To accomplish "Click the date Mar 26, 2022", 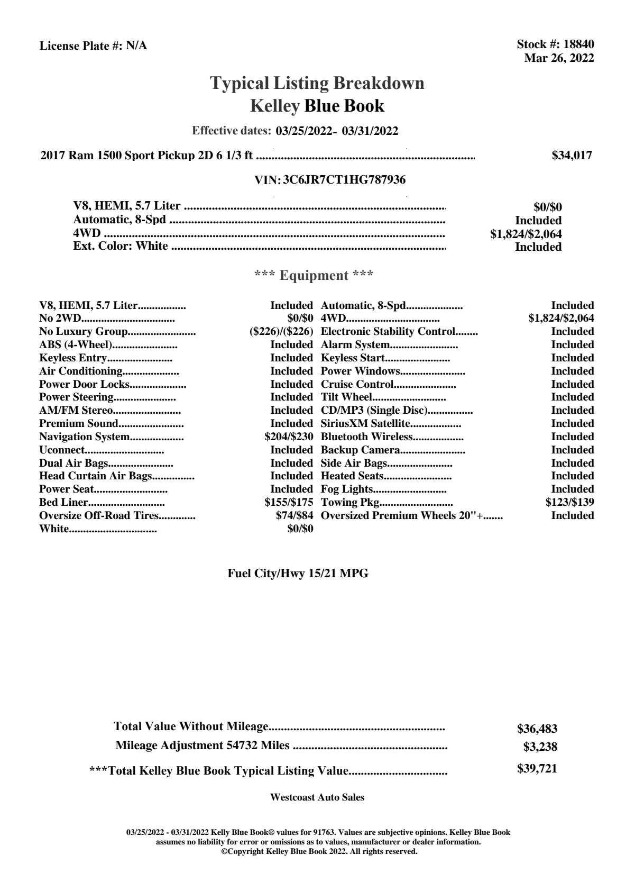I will [559, 58].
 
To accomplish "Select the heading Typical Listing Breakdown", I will [317, 83].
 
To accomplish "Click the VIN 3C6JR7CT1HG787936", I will [344, 180].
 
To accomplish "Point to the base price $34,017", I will [572, 156].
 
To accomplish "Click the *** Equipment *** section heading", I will [314, 276].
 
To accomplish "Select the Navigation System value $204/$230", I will [289, 437].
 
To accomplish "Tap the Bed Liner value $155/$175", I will [289, 503].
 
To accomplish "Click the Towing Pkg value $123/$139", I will [569, 503].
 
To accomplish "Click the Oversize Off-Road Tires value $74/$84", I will [294, 516].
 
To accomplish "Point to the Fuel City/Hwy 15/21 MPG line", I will [298, 574].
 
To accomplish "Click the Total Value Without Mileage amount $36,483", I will [537, 729].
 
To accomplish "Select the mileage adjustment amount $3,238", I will [540, 747].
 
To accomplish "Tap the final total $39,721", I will [537, 769].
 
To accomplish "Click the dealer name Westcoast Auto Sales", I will [317, 797].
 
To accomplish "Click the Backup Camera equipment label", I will [360, 450].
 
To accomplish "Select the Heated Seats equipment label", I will [352, 476].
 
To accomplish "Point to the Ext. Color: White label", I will [121, 246].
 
